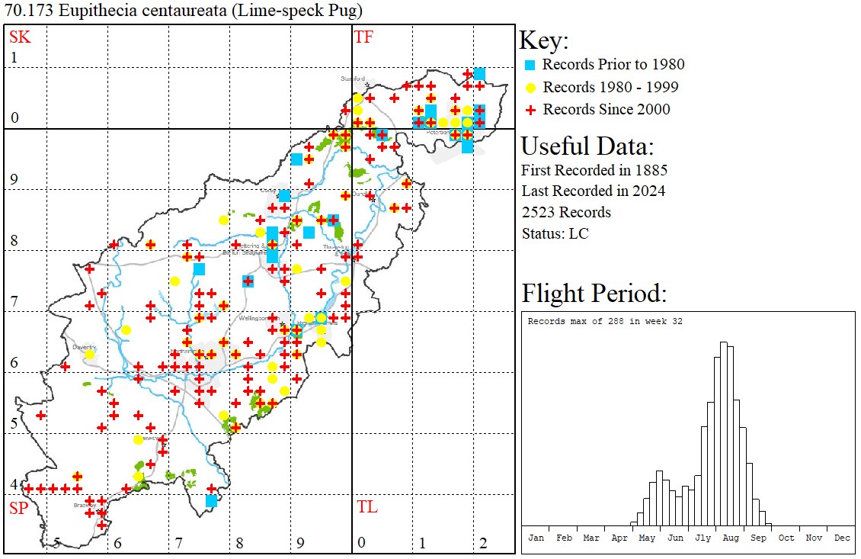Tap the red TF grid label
[x=364, y=37]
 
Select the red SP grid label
[x=18, y=508]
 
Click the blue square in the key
[x=531, y=65]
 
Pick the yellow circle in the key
[x=531, y=87]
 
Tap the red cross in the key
[x=531, y=110]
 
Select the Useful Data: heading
[x=587, y=146]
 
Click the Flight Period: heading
[x=594, y=294]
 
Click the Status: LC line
[x=555, y=233]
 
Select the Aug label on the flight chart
[x=731, y=538]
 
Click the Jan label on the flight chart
[x=536, y=538]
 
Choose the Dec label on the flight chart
[x=842, y=538]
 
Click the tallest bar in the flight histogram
[x=723, y=435]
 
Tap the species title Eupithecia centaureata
[x=138, y=11]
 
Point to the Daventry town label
[x=83, y=346]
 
